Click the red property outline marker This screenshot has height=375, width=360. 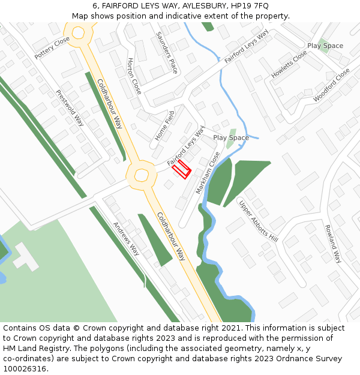click(x=182, y=169)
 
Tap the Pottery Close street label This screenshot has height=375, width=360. click(x=52, y=47)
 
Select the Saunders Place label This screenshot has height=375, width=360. click(x=167, y=53)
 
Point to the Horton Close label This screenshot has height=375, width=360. click(x=134, y=76)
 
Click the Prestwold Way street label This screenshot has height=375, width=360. click(x=70, y=108)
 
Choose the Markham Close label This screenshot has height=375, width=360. click(x=208, y=172)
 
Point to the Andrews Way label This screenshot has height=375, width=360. click(x=126, y=239)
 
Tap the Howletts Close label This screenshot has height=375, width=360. click(x=289, y=64)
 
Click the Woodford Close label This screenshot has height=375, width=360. click(x=331, y=85)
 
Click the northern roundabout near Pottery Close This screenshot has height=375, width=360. click(x=77, y=34)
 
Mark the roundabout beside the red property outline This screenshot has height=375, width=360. click(x=141, y=175)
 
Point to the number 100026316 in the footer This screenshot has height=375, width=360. click(x=25, y=368)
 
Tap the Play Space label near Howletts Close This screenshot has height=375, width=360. click(x=325, y=46)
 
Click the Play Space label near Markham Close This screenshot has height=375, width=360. click(x=231, y=137)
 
